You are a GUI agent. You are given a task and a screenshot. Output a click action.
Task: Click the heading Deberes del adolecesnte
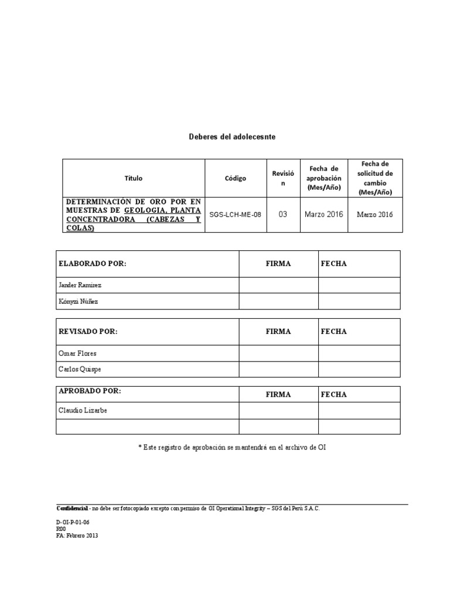point(232,137)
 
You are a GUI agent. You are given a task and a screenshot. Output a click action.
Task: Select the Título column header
point(133,178)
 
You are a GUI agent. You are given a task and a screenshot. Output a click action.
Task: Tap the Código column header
point(235,178)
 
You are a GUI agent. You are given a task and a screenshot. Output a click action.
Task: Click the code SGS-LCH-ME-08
point(235,214)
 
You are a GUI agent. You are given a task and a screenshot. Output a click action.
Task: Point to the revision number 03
point(283,214)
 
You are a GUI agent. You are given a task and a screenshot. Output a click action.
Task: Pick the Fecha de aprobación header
point(323,178)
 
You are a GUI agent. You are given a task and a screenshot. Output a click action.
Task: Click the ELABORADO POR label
point(93,264)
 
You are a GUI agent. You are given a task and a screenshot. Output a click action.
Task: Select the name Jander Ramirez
point(80,285)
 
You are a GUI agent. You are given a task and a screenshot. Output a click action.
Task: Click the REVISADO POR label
point(88,332)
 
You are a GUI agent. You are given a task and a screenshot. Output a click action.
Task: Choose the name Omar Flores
point(77,353)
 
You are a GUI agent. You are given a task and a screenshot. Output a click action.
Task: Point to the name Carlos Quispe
point(80,369)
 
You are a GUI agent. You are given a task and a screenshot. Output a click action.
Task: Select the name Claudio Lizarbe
point(83,410)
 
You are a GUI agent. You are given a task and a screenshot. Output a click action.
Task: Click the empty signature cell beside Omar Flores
point(278,353)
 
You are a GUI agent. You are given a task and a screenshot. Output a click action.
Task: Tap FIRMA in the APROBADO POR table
point(278,394)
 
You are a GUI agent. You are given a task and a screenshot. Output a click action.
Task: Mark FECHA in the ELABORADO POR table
point(333,264)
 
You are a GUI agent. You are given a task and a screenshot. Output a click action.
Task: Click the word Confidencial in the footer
point(72,508)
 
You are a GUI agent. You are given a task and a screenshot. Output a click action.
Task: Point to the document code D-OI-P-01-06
point(73,521)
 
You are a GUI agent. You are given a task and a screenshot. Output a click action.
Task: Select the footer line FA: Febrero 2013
point(77,536)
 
